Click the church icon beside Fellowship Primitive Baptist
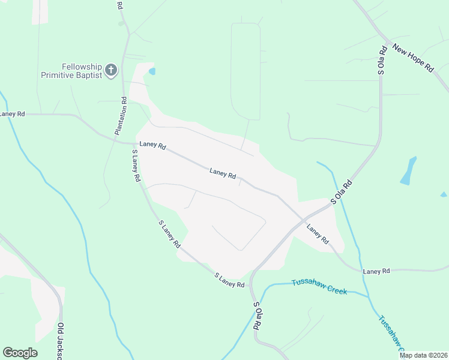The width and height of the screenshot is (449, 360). coord(110,71)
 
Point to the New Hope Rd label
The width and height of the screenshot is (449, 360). coord(412,56)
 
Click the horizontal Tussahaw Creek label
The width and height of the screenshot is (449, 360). coord(319,286)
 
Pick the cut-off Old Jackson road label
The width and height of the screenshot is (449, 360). coord(61,341)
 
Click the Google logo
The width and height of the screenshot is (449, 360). coord(20,353)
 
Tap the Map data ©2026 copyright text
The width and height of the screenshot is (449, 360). coord(423,355)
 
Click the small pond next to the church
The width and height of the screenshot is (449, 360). coord(152,71)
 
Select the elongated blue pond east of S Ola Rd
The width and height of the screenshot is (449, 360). coord(409,170)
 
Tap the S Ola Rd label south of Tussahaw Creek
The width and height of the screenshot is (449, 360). coord(256,315)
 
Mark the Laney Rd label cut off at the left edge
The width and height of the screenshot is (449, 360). coord(12,114)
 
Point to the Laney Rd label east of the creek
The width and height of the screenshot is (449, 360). coord(376,272)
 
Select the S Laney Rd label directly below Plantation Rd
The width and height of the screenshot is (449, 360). coord(136,166)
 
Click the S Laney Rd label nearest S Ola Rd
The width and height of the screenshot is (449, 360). coord(230,280)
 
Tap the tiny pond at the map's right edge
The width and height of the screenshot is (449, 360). coord(444,194)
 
